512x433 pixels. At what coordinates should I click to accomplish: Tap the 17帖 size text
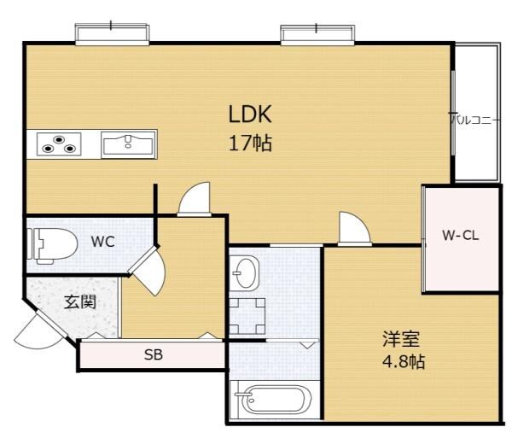pos(250,143)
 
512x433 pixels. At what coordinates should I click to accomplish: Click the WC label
pos(102,241)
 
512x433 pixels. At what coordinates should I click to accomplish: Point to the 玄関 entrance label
pos(79,301)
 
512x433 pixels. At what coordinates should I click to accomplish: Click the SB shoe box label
pos(154,354)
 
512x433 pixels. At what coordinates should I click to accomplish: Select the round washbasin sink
pos(246,273)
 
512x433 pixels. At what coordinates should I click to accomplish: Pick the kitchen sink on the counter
pos(128,143)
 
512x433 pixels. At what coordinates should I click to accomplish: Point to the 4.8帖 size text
pos(403,361)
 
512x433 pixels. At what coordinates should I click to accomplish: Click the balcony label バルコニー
pos(475,120)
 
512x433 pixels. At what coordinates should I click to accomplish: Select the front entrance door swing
pos(38,330)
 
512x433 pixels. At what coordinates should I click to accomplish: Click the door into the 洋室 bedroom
pos(353,229)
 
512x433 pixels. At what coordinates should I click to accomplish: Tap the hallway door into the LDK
pos(194,201)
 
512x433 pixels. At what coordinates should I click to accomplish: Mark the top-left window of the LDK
pos(113,34)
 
